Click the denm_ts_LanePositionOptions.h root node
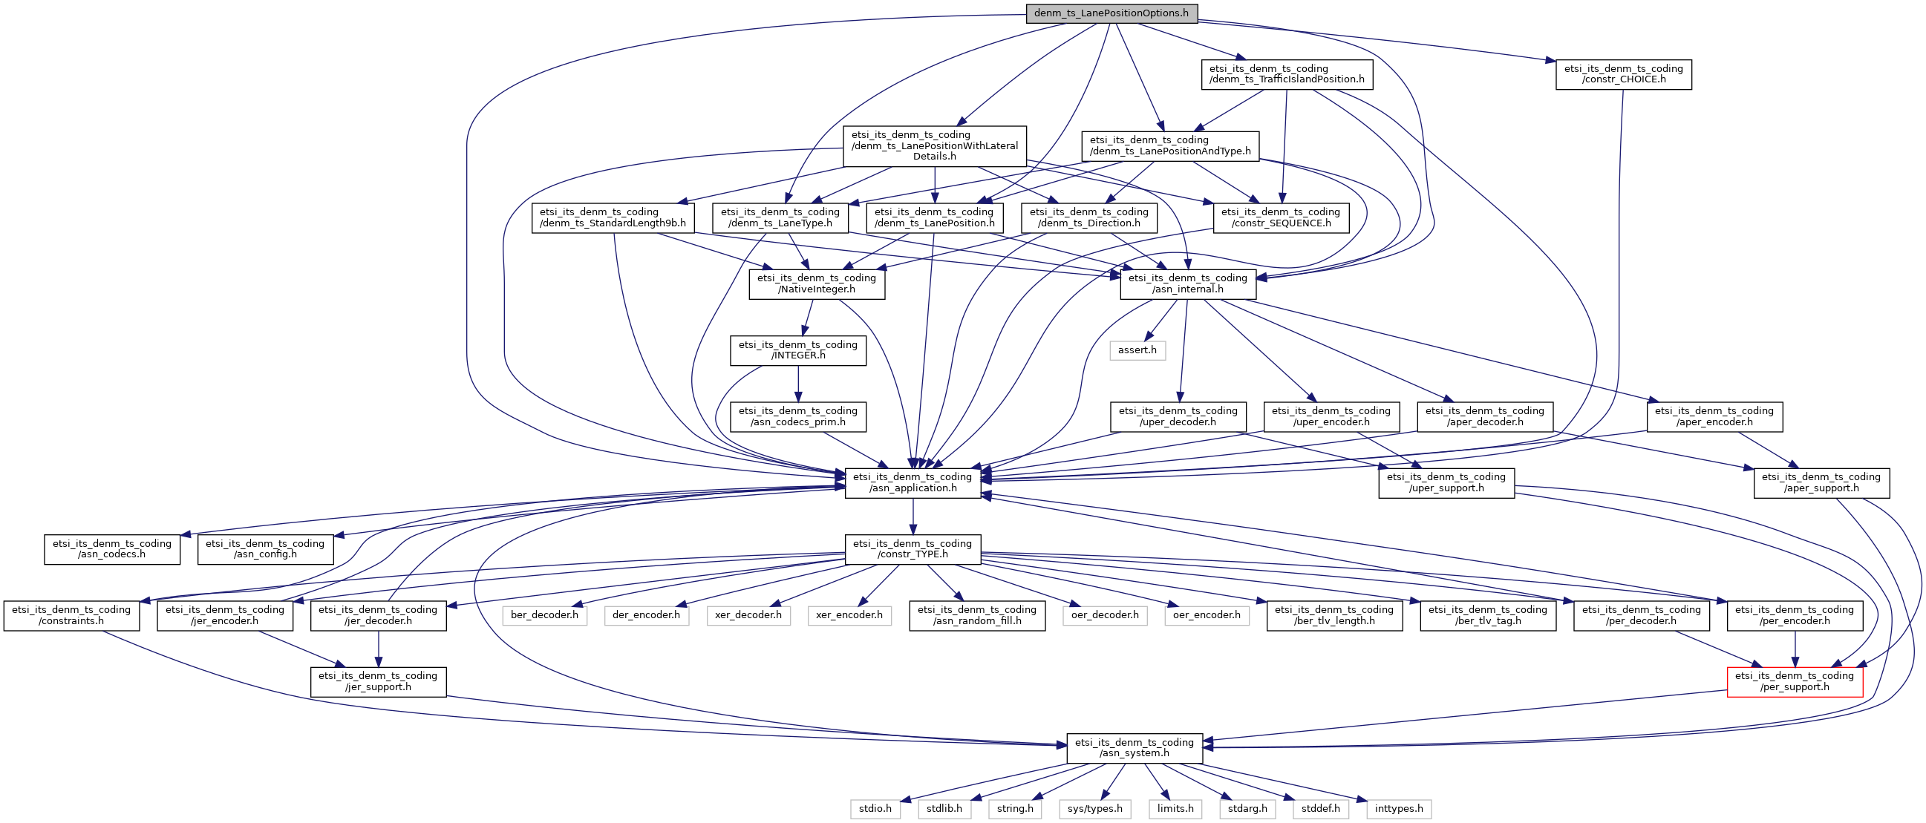(1111, 13)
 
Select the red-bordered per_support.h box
(1795, 681)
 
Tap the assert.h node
(1137, 350)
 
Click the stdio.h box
(875, 808)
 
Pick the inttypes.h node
(1399, 808)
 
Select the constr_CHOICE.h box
(1624, 74)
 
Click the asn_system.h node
(1135, 747)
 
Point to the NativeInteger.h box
(817, 283)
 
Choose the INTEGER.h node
(798, 350)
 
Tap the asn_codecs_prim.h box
(798, 416)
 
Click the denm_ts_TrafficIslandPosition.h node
(1287, 74)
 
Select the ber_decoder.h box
(545, 615)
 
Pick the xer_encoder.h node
(849, 615)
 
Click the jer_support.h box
(379, 681)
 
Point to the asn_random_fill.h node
(977, 615)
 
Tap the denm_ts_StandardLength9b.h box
(613, 217)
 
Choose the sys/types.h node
(1095, 808)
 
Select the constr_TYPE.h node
(913, 549)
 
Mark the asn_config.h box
(265, 549)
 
